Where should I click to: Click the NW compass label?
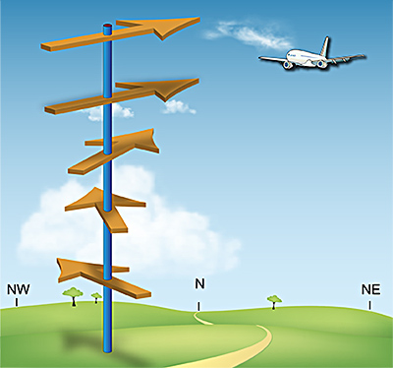click(17, 289)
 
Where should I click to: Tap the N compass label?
click(199, 284)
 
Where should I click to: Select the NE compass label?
click(370, 289)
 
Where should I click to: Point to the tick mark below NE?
click(370, 304)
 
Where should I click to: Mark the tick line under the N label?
click(199, 305)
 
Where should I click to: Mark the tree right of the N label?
click(274, 299)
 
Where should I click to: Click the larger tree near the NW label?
click(72, 293)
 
